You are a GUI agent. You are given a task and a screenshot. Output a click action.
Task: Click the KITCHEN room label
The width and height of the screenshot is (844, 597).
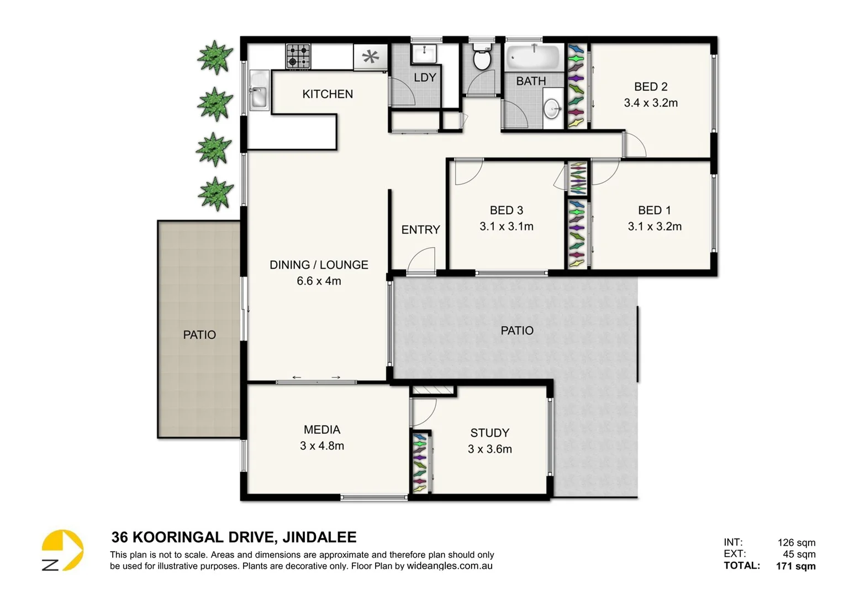click(x=328, y=94)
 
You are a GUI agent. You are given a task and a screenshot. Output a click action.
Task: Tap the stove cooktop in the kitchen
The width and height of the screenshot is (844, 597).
click(x=298, y=56)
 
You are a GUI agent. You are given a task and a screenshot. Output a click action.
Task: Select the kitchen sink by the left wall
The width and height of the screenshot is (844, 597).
click(x=259, y=91)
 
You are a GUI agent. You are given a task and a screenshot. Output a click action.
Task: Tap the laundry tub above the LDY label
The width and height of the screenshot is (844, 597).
click(x=424, y=54)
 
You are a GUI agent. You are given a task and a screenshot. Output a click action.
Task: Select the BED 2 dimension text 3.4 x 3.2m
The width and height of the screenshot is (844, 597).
click(x=651, y=103)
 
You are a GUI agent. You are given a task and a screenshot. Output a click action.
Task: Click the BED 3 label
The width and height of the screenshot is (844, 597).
click(x=506, y=210)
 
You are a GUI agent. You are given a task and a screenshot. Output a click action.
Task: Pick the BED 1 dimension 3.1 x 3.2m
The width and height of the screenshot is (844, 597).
click(x=655, y=226)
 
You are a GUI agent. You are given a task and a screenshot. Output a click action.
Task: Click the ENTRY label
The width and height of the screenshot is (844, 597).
click(x=420, y=229)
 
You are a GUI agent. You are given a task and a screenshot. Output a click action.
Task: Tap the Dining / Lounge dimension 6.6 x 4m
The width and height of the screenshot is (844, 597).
click(x=319, y=281)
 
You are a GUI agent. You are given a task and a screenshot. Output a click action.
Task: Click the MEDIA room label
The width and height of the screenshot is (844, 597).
click(x=322, y=430)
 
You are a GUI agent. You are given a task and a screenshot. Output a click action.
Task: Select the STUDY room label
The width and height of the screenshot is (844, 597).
click(x=489, y=433)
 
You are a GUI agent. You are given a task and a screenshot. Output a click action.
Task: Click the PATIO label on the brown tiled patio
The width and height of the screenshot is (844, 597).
click(x=199, y=335)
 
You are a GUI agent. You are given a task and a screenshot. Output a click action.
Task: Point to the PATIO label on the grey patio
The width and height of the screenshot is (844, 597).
click(x=517, y=331)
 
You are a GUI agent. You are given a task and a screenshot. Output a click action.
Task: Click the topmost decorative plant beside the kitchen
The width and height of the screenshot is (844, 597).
click(x=215, y=57)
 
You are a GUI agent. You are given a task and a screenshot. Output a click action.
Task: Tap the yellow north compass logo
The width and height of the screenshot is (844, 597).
click(x=62, y=550)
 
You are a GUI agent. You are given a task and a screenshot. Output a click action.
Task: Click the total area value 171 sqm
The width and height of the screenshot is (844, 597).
click(x=795, y=565)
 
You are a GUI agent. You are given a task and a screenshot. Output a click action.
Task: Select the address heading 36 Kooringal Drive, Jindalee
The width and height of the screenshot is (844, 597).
click(x=234, y=537)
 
